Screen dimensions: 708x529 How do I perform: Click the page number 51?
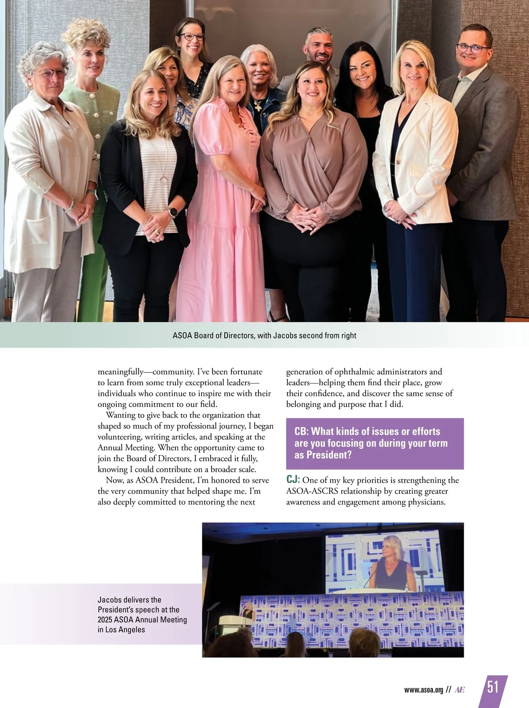[x=493, y=687]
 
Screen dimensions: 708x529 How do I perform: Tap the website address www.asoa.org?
[x=423, y=690]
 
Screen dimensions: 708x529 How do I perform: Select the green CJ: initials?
[x=293, y=480]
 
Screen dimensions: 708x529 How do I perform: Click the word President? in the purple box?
[x=323, y=455]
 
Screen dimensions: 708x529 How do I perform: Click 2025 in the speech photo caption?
[x=105, y=620]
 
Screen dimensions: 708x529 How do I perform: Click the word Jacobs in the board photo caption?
[x=285, y=335]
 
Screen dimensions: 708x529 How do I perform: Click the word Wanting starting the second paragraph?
[x=120, y=415]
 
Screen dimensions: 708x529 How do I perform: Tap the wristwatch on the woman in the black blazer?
[x=173, y=212]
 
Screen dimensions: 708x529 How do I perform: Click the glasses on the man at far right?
[x=473, y=48]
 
